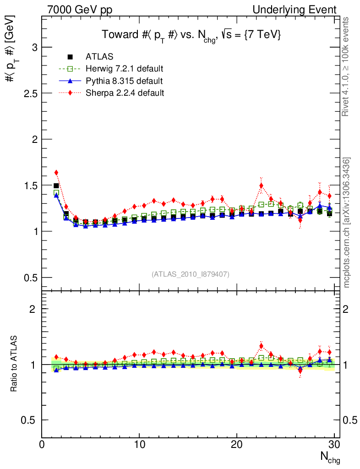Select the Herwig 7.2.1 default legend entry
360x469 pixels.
tap(124, 69)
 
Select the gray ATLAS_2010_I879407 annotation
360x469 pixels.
tap(191, 274)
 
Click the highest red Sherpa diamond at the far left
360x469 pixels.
tap(56, 173)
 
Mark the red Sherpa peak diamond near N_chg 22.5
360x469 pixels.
tap(261, 185)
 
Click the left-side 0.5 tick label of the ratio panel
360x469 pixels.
tap(28, 420)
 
